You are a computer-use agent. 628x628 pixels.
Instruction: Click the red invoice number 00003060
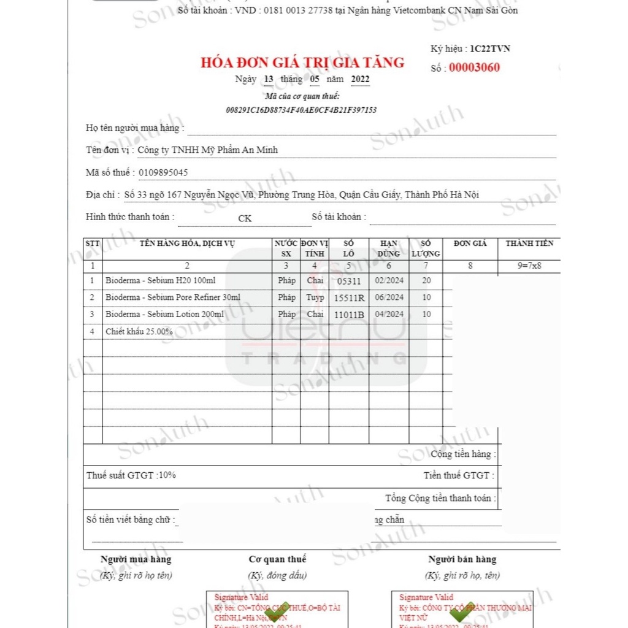pyautogui.click(x=474, y=67)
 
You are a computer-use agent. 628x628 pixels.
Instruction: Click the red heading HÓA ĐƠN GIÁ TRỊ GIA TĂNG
pyautogui.click(x=302, y=62)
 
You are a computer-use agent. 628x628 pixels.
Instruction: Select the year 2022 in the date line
pyautogui.click(x=360, y=79)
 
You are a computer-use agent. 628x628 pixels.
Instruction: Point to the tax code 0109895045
pyautogui.click(x=164, y=172)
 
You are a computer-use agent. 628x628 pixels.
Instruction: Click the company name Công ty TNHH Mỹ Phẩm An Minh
pyautogui.click(x=207, y=150)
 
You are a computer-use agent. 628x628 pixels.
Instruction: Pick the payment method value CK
pyautogui.click(x=245, y=218)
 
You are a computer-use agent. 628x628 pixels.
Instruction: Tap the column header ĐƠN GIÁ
pyautogui.click(x=470, y=243)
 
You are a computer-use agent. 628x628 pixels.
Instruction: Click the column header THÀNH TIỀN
pyautogui.click(x=529, y=243)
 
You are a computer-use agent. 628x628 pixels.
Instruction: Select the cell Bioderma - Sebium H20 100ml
pyautogui.click(x=160, y=280)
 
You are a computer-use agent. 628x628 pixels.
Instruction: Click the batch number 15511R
pyautogui.click(x=349, y=298)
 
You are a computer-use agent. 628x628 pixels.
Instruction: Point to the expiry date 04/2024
pyautogui.click(x=389, y=314)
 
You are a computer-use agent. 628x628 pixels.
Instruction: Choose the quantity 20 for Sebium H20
pyautogui.click(x=426, y=280)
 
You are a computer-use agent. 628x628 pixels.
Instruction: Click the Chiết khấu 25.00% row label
pyautogui.click(x=139, y=331)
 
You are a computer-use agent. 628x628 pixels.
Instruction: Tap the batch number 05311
pyautogui.click(x=349, y=281)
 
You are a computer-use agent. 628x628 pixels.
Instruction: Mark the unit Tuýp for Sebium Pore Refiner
pyautogui.click(x=315, y=297)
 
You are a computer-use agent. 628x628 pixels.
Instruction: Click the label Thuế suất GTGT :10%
pyautogui.click(x=131, y=475)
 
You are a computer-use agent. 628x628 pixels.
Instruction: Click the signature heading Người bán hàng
pyautogui.click(x=462, y=559)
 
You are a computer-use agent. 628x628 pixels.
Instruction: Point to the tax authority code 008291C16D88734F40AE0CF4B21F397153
pyautogui.click(x=301, y=110)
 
